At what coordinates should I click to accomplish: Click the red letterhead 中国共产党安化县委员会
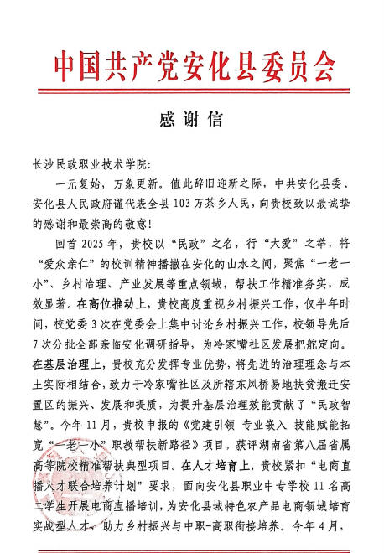192,65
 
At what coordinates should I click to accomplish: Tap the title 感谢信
192,118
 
